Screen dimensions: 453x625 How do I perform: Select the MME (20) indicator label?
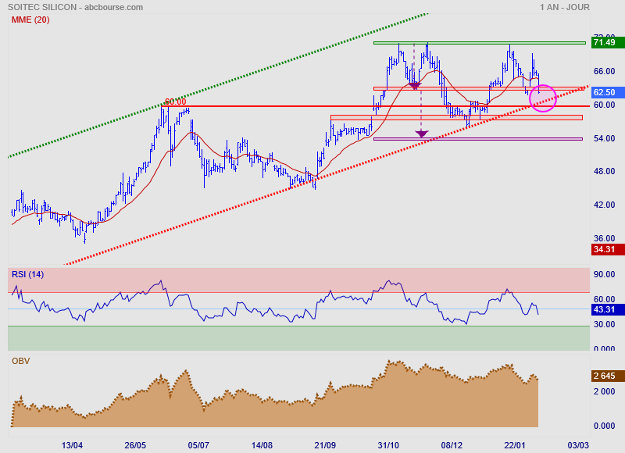click(30, 20)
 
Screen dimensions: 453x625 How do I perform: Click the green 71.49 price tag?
click(604, 42)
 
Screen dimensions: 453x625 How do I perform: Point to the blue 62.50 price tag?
click(604, 92)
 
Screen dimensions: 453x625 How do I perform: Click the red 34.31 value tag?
click(604, 250)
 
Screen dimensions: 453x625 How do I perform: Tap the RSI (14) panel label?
click(27, 274)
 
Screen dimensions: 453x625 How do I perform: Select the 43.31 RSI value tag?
click(604, 310)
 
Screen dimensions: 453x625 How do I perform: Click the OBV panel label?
click(20, 361)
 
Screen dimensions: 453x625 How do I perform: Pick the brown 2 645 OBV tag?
click(604, 376)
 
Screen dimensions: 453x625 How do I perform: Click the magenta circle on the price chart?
click(543, 98)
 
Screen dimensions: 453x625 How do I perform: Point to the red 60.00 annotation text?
click(175, 102)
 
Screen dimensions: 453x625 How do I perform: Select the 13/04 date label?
click(72, 444)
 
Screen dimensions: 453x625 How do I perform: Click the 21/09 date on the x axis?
click(324, 444)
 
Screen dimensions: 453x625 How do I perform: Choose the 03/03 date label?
click(577, 444)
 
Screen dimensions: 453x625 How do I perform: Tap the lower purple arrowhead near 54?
click(422, 134)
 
